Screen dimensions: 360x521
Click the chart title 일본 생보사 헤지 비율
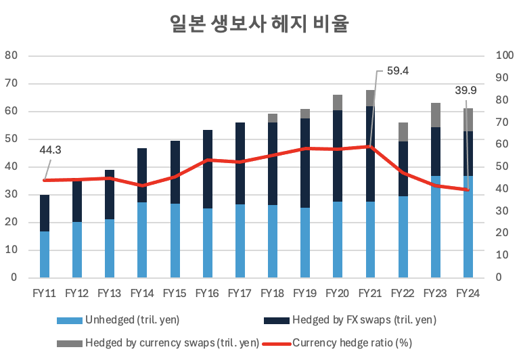260,24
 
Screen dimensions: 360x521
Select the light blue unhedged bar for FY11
45,254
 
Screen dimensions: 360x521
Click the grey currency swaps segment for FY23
436,115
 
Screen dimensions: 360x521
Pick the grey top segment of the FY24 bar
468,120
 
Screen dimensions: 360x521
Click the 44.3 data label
49,150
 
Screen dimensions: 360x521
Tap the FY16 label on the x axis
207,293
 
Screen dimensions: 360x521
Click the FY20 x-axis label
337,293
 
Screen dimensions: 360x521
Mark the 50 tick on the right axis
503,166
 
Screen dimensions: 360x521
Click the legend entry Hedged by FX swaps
364,319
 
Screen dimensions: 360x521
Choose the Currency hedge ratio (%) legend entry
352,342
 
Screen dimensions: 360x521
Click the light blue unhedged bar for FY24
468,227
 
